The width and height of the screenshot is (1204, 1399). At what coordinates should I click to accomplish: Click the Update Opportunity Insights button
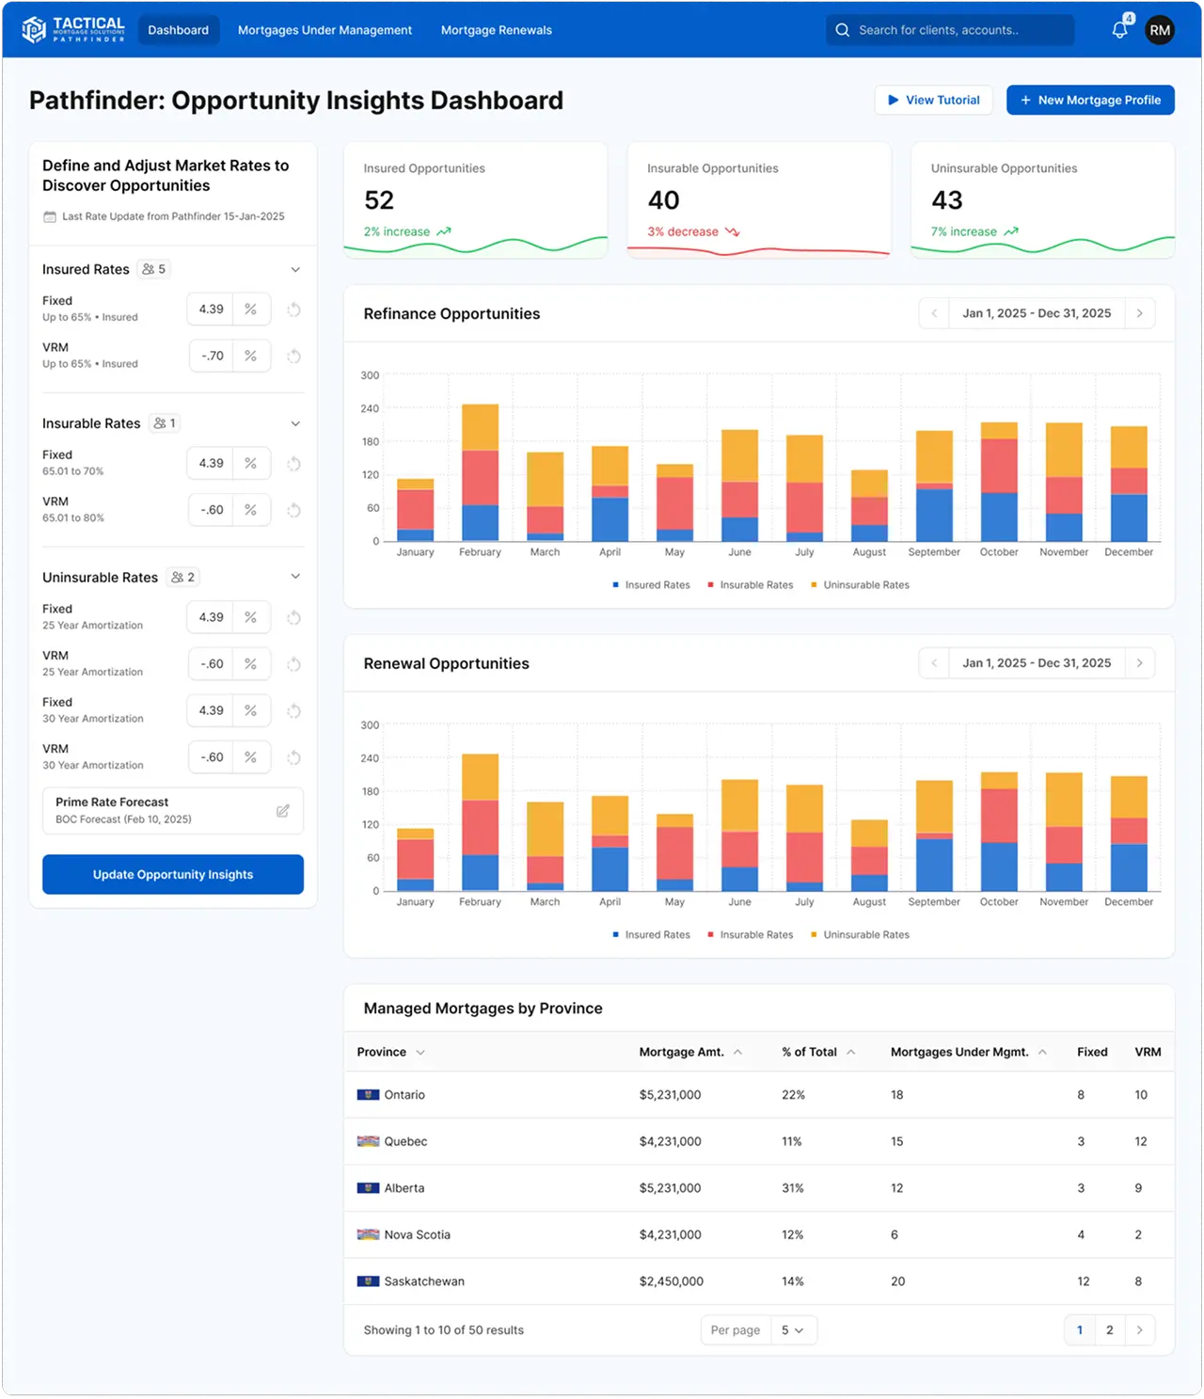tap(173, 874)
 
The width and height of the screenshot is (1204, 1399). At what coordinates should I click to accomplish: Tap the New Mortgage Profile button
tap(1090, 100)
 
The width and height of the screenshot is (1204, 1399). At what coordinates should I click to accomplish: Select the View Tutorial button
tap(933, 100)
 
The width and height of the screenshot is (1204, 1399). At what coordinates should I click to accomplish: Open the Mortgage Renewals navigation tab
tap(496, 30)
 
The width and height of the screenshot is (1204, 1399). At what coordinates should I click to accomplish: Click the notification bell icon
tap(1119, 30)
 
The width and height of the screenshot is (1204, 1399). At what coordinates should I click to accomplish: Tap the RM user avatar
tap(1160, 30)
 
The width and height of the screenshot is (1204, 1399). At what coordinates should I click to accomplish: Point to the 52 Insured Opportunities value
tap(379, 200)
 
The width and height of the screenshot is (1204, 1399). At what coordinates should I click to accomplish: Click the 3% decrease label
tap(683, 231)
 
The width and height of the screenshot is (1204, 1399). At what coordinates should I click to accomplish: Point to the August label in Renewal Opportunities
tap(869, 901)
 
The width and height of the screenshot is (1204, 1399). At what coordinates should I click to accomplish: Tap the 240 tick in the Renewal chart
tap(370, 758)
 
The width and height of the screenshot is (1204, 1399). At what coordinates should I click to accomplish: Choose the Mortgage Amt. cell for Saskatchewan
tap(671, 1281)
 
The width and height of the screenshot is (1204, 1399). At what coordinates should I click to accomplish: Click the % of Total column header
tap(809, 1052)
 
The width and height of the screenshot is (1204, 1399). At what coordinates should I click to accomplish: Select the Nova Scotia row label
tap(417, 1234)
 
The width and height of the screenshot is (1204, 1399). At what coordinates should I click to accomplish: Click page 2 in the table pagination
tap(1110, 1329)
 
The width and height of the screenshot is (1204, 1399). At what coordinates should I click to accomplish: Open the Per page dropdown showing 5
tap(792, 1330)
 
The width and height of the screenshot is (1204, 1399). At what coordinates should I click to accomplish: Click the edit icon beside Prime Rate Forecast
tap(283, 811)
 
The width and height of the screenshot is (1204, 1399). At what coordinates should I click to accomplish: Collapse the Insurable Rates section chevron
tap(295, 423)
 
